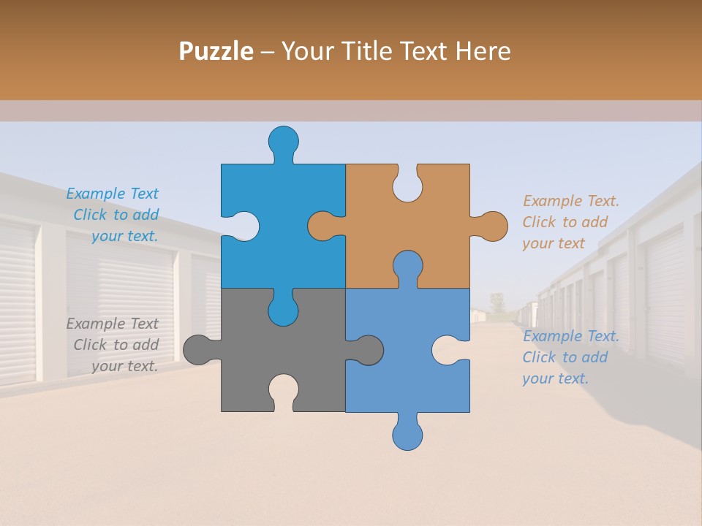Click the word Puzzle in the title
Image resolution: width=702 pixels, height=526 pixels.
[x=216, y=51]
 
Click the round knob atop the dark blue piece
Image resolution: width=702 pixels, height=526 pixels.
[x=283, y=140]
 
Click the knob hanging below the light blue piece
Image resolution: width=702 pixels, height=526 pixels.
[x=407, y=434]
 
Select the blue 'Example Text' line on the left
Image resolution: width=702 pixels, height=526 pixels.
[x=112, y=194]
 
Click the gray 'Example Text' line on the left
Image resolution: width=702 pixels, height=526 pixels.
[x=112, y=324]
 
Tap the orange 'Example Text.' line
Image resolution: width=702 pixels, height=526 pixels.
[x=571, y=201]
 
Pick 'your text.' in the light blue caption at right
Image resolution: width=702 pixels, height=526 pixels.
[x=555, y=378]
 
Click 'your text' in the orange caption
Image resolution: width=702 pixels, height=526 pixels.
[x=554, y=243]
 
